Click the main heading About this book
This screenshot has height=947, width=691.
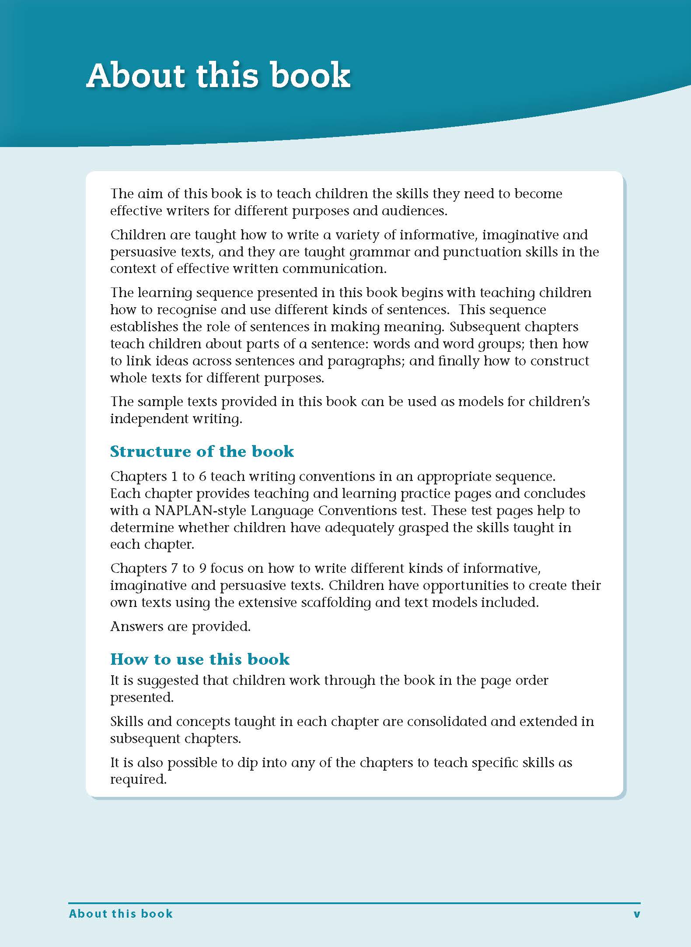tap(218, 75)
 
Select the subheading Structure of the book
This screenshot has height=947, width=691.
tap(202, 451)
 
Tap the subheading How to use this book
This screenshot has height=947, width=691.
tap(200, 659)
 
